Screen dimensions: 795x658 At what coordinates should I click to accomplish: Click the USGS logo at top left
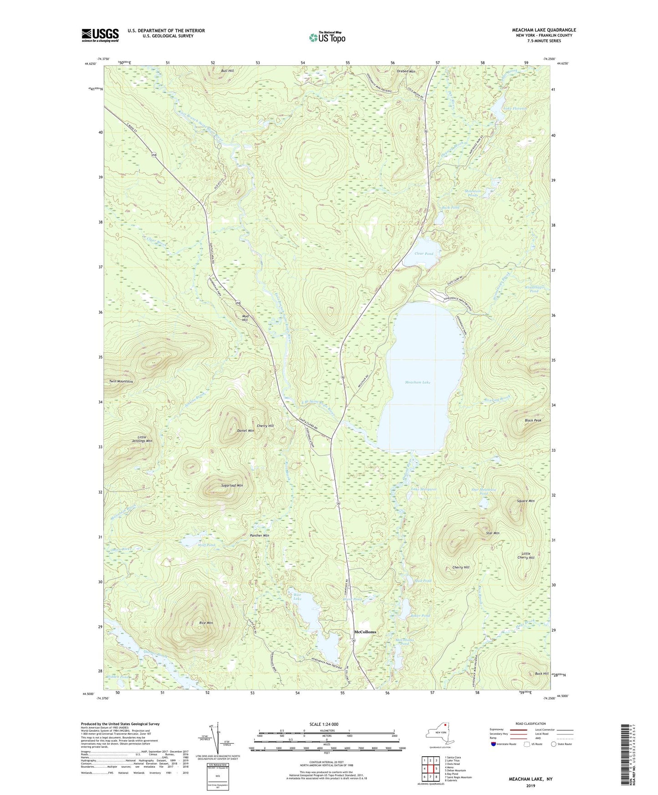[x=100, y=35]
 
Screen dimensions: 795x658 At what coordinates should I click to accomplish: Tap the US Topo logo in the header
[x=326, y=37]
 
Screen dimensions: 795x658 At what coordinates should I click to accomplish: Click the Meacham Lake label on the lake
[x=418, y=382]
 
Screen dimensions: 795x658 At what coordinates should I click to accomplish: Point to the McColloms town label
[x=365, y=632]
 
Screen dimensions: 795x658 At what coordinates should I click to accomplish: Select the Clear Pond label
[x=423, y=254]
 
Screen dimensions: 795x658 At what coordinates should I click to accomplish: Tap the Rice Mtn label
[x=206, y=622]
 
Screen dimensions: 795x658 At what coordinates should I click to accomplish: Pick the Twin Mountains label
[x=121, y=381]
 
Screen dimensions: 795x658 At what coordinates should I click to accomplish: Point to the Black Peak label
[x=532, y=420]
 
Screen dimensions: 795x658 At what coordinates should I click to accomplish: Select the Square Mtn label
[x=525, y=501]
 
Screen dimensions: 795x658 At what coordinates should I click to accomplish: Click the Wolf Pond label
[x=206, y=545]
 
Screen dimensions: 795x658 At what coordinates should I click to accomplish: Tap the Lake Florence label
[x=515, y=108]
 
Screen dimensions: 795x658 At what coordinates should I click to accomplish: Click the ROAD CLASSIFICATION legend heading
[x=530, y=724]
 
